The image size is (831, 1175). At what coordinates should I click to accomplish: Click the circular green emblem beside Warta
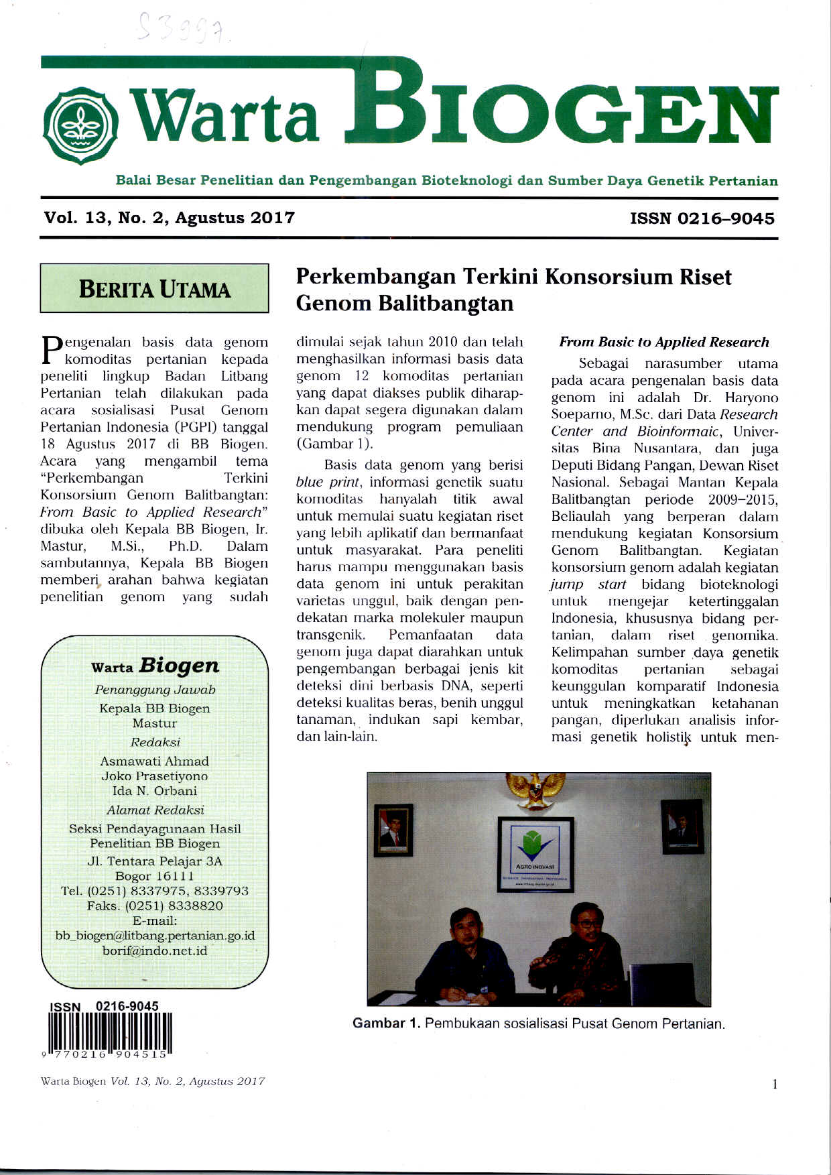pos(80,125)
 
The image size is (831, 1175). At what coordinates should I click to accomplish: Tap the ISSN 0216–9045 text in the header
pos(702,219)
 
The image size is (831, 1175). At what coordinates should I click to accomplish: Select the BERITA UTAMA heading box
pos(154,289)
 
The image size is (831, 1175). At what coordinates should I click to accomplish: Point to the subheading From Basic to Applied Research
pos(664,342)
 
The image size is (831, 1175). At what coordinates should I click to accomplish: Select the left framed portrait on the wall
pos(393,829)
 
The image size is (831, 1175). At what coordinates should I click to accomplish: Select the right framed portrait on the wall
pos(682,826)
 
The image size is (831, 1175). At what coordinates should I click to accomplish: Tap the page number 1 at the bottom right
pos(775,1085)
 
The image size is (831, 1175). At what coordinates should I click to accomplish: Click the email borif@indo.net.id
pos(155,950)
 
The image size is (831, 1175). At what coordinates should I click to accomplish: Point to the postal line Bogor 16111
pos(155,876)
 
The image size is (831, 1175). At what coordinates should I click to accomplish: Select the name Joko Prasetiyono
pos(155,776)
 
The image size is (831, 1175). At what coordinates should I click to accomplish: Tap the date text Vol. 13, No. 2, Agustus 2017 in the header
pos(170,218)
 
